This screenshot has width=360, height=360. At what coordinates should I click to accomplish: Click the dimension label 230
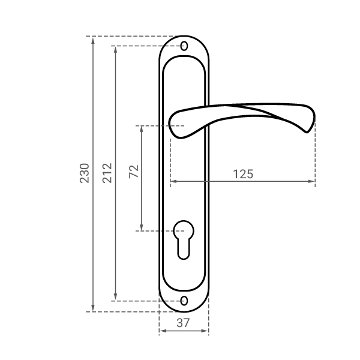click(x=84, y=173)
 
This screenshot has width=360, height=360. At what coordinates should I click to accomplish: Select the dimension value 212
click(x=107, y=173)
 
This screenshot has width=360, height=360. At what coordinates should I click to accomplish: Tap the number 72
click(x=134, y=172)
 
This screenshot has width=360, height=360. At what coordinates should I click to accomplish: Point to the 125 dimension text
click(x=243, y=174)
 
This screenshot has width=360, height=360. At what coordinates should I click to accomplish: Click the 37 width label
click(x=183, y=323)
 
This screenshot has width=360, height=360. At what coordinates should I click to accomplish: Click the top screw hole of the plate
click(x=184, y=46)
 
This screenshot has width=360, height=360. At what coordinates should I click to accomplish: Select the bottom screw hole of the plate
click(x=184, y=301)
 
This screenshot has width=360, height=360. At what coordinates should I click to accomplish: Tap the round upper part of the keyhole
click(x=184, y=230)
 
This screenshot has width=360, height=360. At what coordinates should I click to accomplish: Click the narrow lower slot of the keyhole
click(x=184, y=249)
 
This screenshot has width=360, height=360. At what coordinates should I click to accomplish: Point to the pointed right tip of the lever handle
click(x=307, y=132)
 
